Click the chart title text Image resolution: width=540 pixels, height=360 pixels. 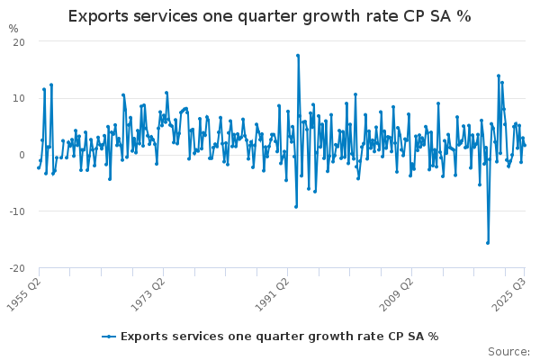tap(269, 16)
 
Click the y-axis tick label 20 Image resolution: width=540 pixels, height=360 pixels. tap(19, 42)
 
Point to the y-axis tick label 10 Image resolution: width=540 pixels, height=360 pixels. tap(19, 99)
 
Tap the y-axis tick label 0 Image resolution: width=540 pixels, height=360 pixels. tap(22, 155)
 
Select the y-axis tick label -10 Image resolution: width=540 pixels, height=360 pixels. tap(17, 211)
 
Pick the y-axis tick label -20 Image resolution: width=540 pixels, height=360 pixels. tap(17, 268)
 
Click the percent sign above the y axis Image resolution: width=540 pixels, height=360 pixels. tap(13, 29)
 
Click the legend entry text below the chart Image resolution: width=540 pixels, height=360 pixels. tap(279, 337)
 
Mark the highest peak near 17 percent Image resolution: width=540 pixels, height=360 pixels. tap(298, 56)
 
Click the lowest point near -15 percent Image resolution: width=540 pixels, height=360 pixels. tap(488, 242)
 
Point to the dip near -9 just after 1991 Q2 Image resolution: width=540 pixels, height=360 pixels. tap(295, 206)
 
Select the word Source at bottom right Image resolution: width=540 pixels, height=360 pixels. tap(509, 351)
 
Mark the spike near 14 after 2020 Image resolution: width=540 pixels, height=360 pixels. tap(499, 76)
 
